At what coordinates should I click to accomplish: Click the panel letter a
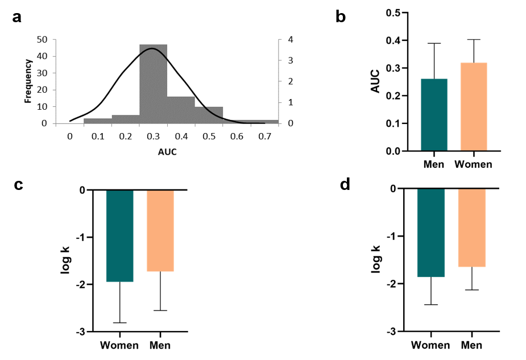(x=18, y=17)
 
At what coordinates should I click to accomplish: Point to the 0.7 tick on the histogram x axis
(x=265, y=136)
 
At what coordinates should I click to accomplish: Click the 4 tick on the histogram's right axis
(x=291, y=40)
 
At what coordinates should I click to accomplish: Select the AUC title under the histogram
(x=167, y=152)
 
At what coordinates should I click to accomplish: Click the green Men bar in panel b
(x=434, y=115)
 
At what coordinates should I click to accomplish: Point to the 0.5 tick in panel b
(x=391, y=13)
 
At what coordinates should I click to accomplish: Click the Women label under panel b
(x=474, y=165)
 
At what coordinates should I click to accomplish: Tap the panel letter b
(x=341, y=17)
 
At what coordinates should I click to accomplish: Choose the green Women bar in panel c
(x=120, y=235)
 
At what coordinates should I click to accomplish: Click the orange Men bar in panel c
(x=160, y=230)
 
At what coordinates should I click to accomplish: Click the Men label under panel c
(x=160, y=345)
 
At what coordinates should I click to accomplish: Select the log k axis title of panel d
(x=377, y=259)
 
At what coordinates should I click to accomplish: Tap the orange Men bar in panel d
(x=471, y=227)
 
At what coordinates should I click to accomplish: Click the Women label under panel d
(x=430, y=345)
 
